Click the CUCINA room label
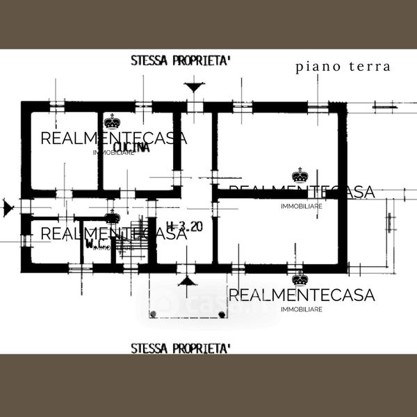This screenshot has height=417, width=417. tap(131, 147)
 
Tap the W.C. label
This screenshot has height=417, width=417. tap(95, 244)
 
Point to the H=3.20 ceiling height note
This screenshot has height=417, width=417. tap(185, 226)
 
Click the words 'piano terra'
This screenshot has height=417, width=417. tap(343, 67)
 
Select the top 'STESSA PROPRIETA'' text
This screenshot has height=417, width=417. tap(180, 60)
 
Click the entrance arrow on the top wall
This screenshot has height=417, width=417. tap(195, 88)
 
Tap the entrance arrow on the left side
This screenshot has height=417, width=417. tap(8, 206)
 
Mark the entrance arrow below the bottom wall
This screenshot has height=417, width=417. tap(185, 281)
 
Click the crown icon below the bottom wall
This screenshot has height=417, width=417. tap(300, 279)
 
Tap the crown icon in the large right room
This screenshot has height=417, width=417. tap(300, 174)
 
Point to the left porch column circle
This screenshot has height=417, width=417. tap(152, 315)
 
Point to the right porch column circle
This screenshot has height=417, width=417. tap(222, 315)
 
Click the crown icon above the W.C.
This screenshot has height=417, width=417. tap(112, 218)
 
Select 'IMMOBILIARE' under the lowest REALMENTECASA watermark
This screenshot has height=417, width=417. tap(301, 309)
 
